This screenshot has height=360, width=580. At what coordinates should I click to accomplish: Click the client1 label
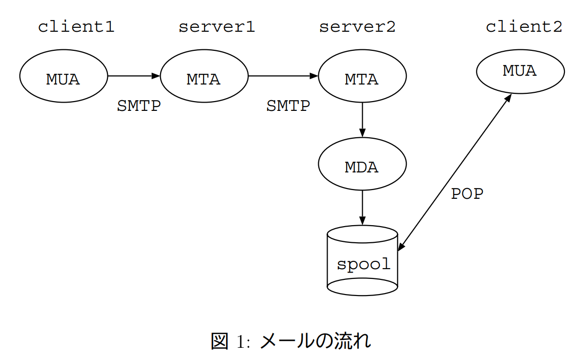pos(76,26)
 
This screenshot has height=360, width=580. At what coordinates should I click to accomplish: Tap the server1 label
pos(216,26)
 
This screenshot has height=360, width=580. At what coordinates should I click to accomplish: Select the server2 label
pos(357,26)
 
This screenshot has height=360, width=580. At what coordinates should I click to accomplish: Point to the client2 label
pos(523,26)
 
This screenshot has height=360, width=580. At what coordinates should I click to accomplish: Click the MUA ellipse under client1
pos(63,77)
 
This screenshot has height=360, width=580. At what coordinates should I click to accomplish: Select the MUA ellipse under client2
pos(520,71)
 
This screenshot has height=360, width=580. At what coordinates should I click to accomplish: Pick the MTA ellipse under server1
pos(204,77)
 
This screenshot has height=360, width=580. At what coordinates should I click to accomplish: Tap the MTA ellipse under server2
pos(362,77)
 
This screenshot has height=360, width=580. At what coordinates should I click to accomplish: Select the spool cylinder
pos(362,261)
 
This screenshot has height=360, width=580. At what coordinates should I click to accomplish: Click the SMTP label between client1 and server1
pos(139,106)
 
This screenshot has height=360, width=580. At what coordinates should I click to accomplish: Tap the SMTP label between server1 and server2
pos(288,106)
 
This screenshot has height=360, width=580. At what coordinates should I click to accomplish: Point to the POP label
pos(467,194)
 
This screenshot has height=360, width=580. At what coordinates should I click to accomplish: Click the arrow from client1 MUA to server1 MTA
pos(133,76)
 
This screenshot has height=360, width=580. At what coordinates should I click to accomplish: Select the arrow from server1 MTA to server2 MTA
pos(283,76)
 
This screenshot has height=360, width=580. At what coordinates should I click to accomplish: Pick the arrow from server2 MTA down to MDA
pos(362,120)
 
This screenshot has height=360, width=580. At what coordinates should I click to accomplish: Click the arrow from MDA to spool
pos(362,207)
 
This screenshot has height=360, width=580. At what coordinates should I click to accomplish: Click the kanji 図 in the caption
pos(219,340)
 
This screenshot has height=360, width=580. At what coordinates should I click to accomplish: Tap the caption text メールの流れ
pos(315,340)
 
